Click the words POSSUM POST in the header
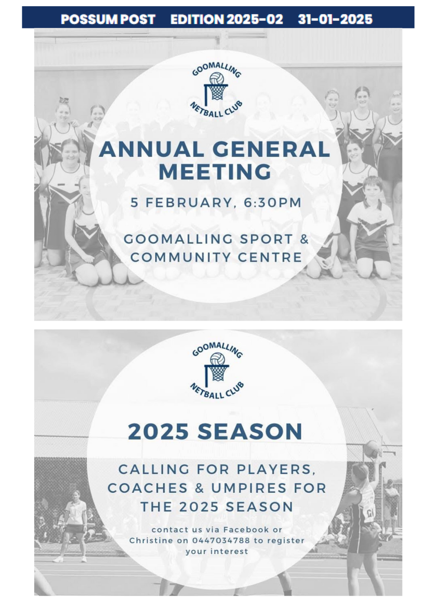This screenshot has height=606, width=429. [108, 19]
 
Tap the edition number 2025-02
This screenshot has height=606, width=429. [255, 19]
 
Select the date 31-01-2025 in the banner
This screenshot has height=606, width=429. [335, 19]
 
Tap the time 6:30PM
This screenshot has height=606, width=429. [272, 203]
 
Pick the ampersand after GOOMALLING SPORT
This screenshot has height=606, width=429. [304, 240]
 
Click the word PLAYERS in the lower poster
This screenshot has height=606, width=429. [276, 470]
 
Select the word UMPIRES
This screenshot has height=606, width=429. [248, 488]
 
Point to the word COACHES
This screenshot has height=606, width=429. [147, 488]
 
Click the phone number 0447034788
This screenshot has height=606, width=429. [221, 541]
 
